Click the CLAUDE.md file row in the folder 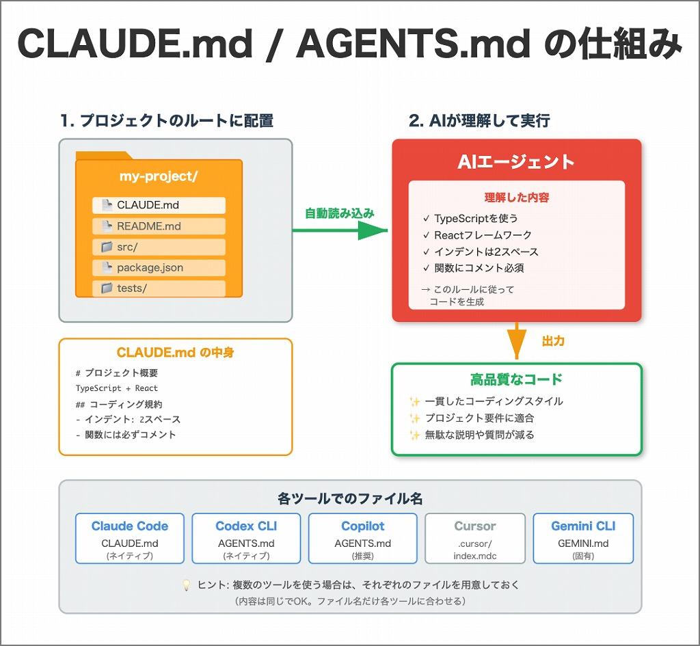pos(159,205)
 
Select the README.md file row pos(159,226)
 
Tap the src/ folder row pos(159,247)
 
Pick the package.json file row pos(159,267)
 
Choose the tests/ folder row pos(159,288)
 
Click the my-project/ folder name pos(159,176)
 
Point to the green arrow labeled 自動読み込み pos(340,230)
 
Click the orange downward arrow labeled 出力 pos(517,340)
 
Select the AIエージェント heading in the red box pos(516,162)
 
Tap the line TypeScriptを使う pos(476,219)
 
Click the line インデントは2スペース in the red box pos(485,252)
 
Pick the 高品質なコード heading pos(516,379)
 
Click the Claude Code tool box pos(130,538)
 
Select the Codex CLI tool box pos(246,538)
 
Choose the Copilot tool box pos(363,538)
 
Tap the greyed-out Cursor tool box pos(475,538)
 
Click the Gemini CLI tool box pos(583,538)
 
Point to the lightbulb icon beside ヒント pos(186,585)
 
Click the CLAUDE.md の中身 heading pos(176,353)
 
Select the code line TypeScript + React pos(116,388)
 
